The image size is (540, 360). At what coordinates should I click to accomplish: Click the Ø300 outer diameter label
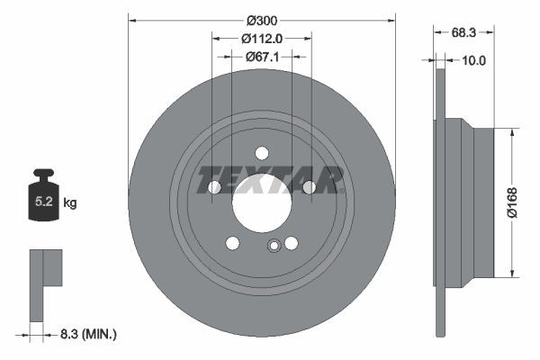click(262, 19)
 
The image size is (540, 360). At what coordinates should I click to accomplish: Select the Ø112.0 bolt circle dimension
click(262, 38)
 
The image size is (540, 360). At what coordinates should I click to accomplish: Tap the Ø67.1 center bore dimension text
click(262, 56)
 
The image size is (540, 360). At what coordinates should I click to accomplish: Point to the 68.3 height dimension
click(464, 32)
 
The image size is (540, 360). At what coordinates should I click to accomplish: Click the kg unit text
click(70, 203)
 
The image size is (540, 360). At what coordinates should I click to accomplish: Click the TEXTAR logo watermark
click(271, 179)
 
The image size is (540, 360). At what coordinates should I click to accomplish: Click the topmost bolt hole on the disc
click(262, 153)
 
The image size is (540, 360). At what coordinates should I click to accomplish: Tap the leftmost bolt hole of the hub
click(214, 187)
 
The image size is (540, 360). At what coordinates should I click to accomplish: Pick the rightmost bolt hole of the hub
click(309, 187)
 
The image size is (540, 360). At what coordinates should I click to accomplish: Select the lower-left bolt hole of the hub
click(232, 243)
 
